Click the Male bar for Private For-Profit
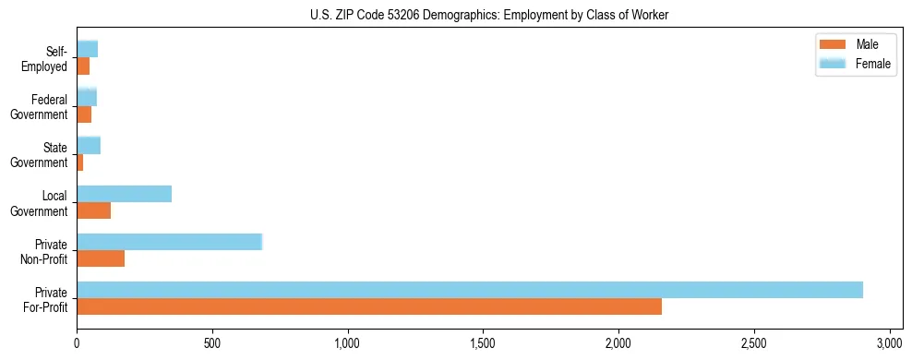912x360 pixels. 369,306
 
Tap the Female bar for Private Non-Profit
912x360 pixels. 170,242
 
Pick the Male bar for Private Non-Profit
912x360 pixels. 101,258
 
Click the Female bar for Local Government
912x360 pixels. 125,194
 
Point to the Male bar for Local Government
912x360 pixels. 94,210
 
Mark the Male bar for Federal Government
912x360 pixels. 84,114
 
